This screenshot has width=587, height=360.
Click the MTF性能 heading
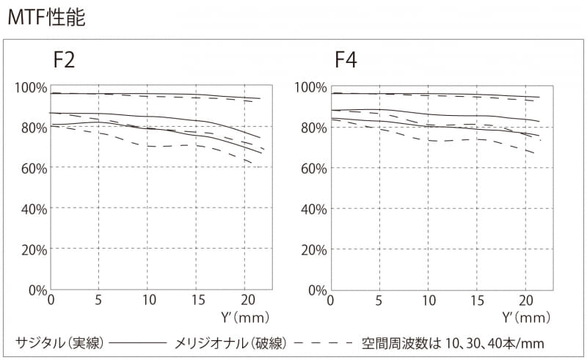(46, 18)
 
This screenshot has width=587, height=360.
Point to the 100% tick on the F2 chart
(31, 88)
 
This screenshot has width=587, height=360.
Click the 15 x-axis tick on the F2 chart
(197, 301)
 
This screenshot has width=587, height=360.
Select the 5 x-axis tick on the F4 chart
(379, 301)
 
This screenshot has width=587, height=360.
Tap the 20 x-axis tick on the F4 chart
(525, 301)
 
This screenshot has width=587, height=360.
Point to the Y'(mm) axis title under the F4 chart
(525, 317)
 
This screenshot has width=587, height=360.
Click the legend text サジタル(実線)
(59, 342)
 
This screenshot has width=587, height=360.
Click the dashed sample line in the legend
(323, 343)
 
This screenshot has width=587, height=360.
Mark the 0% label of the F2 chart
(37, 290)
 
